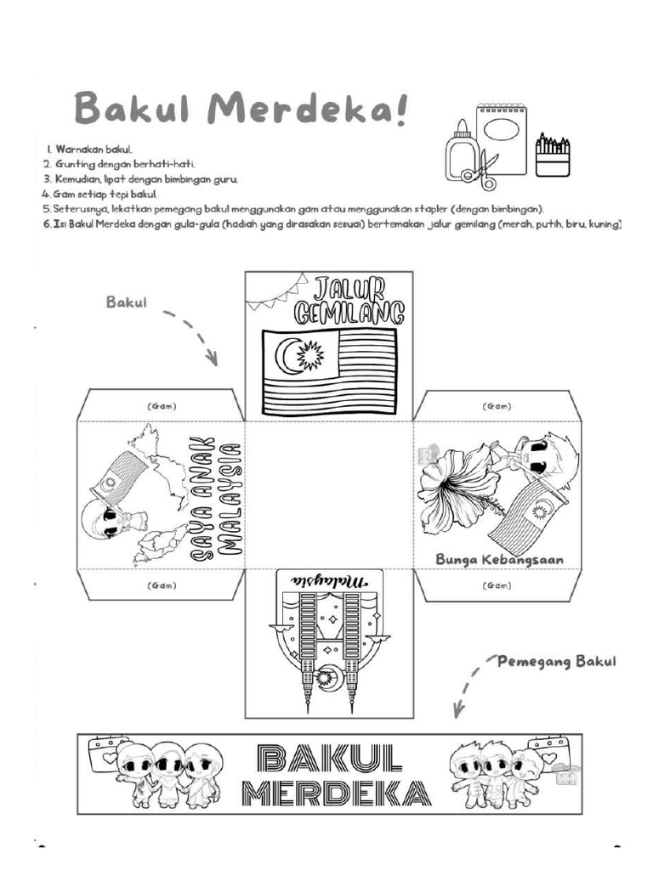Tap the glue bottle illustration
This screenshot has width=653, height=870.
point(461,153)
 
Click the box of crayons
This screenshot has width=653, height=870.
point(553,155)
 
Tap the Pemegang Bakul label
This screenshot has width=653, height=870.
point(557,662)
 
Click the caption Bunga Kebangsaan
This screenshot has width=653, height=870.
point(499,560)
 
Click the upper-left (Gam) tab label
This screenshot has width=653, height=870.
point(161,407)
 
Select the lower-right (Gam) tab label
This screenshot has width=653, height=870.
point(497,585)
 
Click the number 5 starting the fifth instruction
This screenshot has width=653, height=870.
point(45,208)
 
